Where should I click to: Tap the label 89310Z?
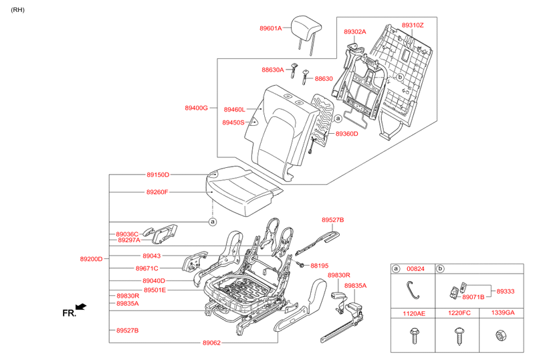point(413,25)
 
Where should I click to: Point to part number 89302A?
point(355,31)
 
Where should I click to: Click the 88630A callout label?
point(272,70)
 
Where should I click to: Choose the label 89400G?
point(197,108)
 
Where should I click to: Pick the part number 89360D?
point(347,134)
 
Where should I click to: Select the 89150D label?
point(158,175)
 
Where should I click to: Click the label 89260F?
point(157,192)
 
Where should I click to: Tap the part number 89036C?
point(127,234)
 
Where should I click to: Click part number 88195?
point(320,266)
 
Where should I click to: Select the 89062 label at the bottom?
point(211,343)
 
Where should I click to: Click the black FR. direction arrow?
point(81,306)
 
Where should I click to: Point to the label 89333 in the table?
point(506,291)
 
